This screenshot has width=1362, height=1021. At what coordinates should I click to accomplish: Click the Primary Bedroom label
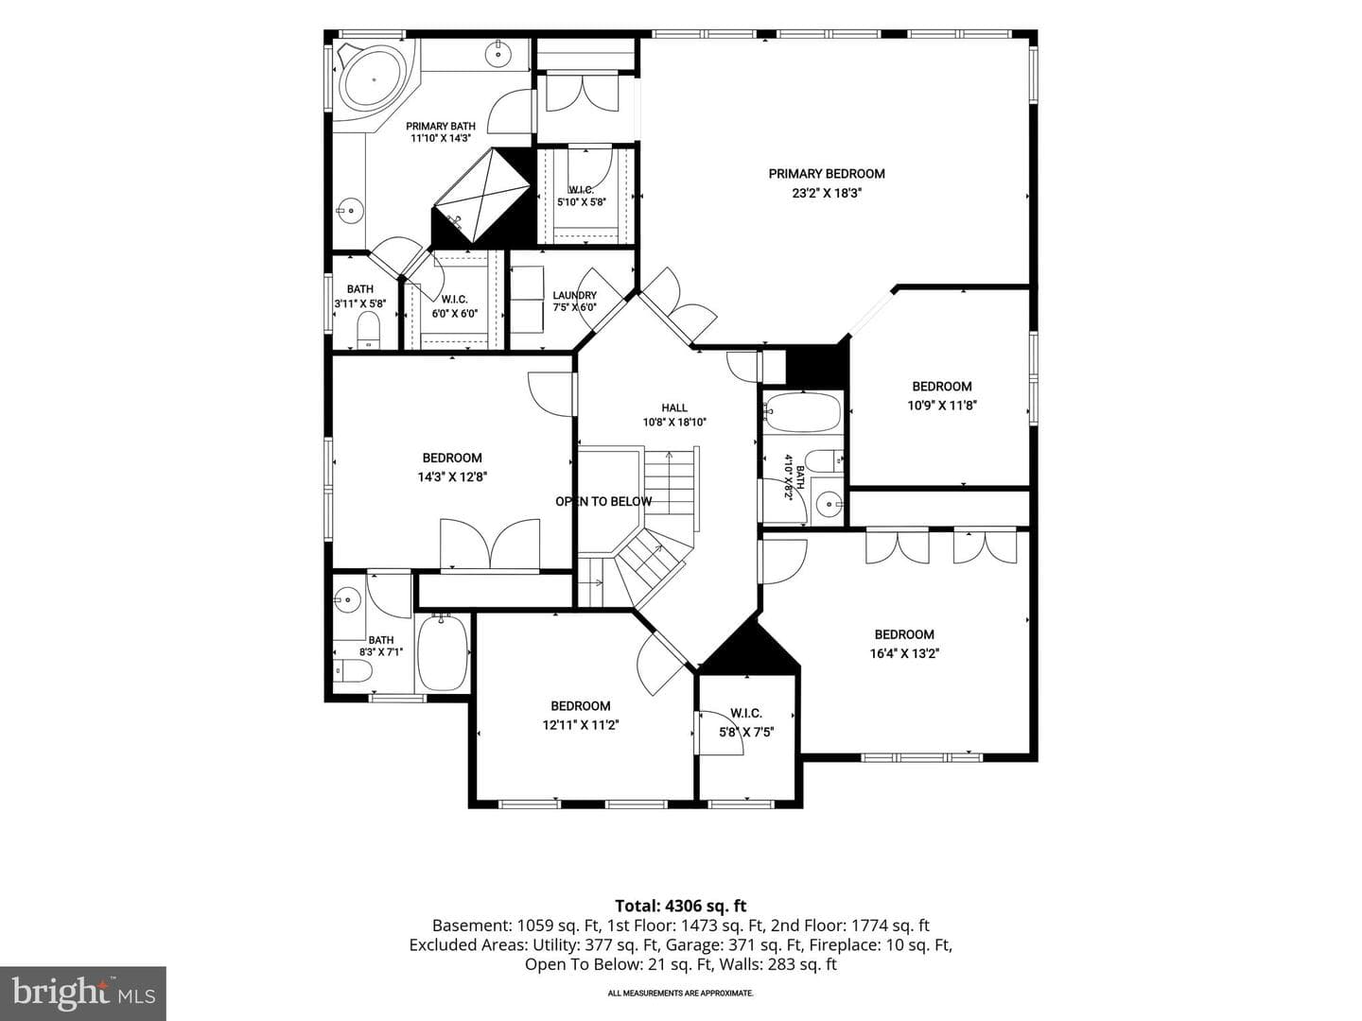(827, 174)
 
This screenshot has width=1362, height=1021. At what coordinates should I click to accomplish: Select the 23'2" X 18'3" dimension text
(827, 194)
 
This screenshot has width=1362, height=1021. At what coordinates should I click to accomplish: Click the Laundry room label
(574, 296)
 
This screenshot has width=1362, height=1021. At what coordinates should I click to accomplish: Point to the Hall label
(673, 407)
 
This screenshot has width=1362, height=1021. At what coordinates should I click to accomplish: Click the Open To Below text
(603, 501)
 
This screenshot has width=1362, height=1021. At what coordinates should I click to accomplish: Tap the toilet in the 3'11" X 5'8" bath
(369, 329)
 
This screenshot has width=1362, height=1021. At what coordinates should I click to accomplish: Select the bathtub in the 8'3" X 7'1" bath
(443, 652)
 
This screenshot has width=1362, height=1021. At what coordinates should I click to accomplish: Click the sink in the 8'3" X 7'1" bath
(347, 599)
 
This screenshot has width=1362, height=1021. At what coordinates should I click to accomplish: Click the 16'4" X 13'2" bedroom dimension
(904, 653)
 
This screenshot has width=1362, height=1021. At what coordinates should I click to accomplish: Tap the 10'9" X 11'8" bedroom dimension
(942, 407)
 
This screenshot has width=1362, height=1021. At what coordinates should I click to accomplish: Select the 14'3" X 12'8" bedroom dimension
(452, 477)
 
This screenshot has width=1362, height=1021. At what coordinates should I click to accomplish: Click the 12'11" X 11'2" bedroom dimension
(581, 725)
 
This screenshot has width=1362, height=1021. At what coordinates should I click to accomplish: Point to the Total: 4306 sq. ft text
(681, 906)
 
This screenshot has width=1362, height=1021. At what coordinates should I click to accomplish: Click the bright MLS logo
(83, 994)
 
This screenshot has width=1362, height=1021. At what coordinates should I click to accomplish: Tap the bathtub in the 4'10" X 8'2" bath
(803, 412)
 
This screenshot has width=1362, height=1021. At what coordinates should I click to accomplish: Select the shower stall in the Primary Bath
(480, 196)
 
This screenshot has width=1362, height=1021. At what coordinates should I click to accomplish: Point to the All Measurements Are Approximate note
(680, 993)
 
